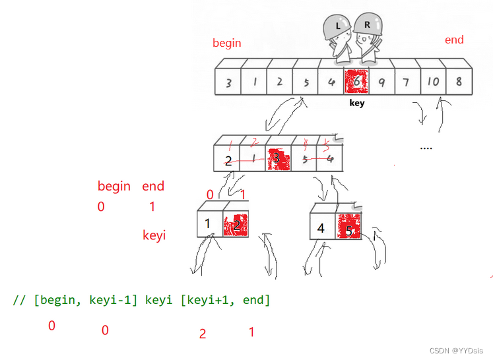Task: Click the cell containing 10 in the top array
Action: (x=432, y=82)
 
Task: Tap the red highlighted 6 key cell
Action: (x=356, y=82)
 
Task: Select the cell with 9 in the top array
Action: (x=381, y=82)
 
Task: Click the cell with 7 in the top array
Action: (x=407, y=82)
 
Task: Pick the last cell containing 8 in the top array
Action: (x=458, y=82)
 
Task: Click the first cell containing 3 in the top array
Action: (x=228, y=83)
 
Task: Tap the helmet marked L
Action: (x=338, y=27)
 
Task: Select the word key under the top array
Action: (x=356, y=104)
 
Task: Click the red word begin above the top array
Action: (x=226, y=44)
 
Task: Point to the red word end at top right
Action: (x=454, y=40)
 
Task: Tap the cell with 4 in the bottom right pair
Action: (x=322, y=227)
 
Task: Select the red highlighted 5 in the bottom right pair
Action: (x=348, y=227)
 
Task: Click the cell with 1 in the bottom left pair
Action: (x=209, y=224)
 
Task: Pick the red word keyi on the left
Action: (x=154, y=235)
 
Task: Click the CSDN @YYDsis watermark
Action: (x=456, y=350)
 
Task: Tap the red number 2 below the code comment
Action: (x=203, y=334)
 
